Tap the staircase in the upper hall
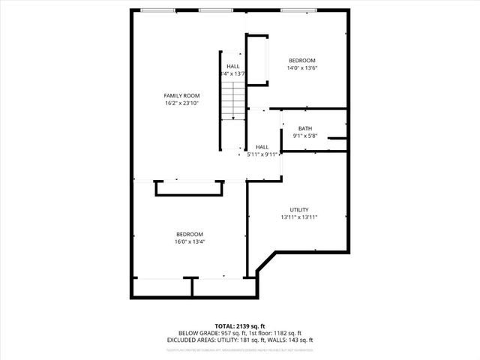click(233, 102)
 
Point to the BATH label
click(305, 128)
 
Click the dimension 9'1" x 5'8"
click(305, 136)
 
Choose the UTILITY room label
click(299, 209)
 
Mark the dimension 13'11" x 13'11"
click(299, 217)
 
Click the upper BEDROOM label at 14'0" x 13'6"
click(302, 60)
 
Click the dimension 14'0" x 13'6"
click(302, 68)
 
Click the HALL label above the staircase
click(233, 66)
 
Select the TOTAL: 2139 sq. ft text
click(240, 326)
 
